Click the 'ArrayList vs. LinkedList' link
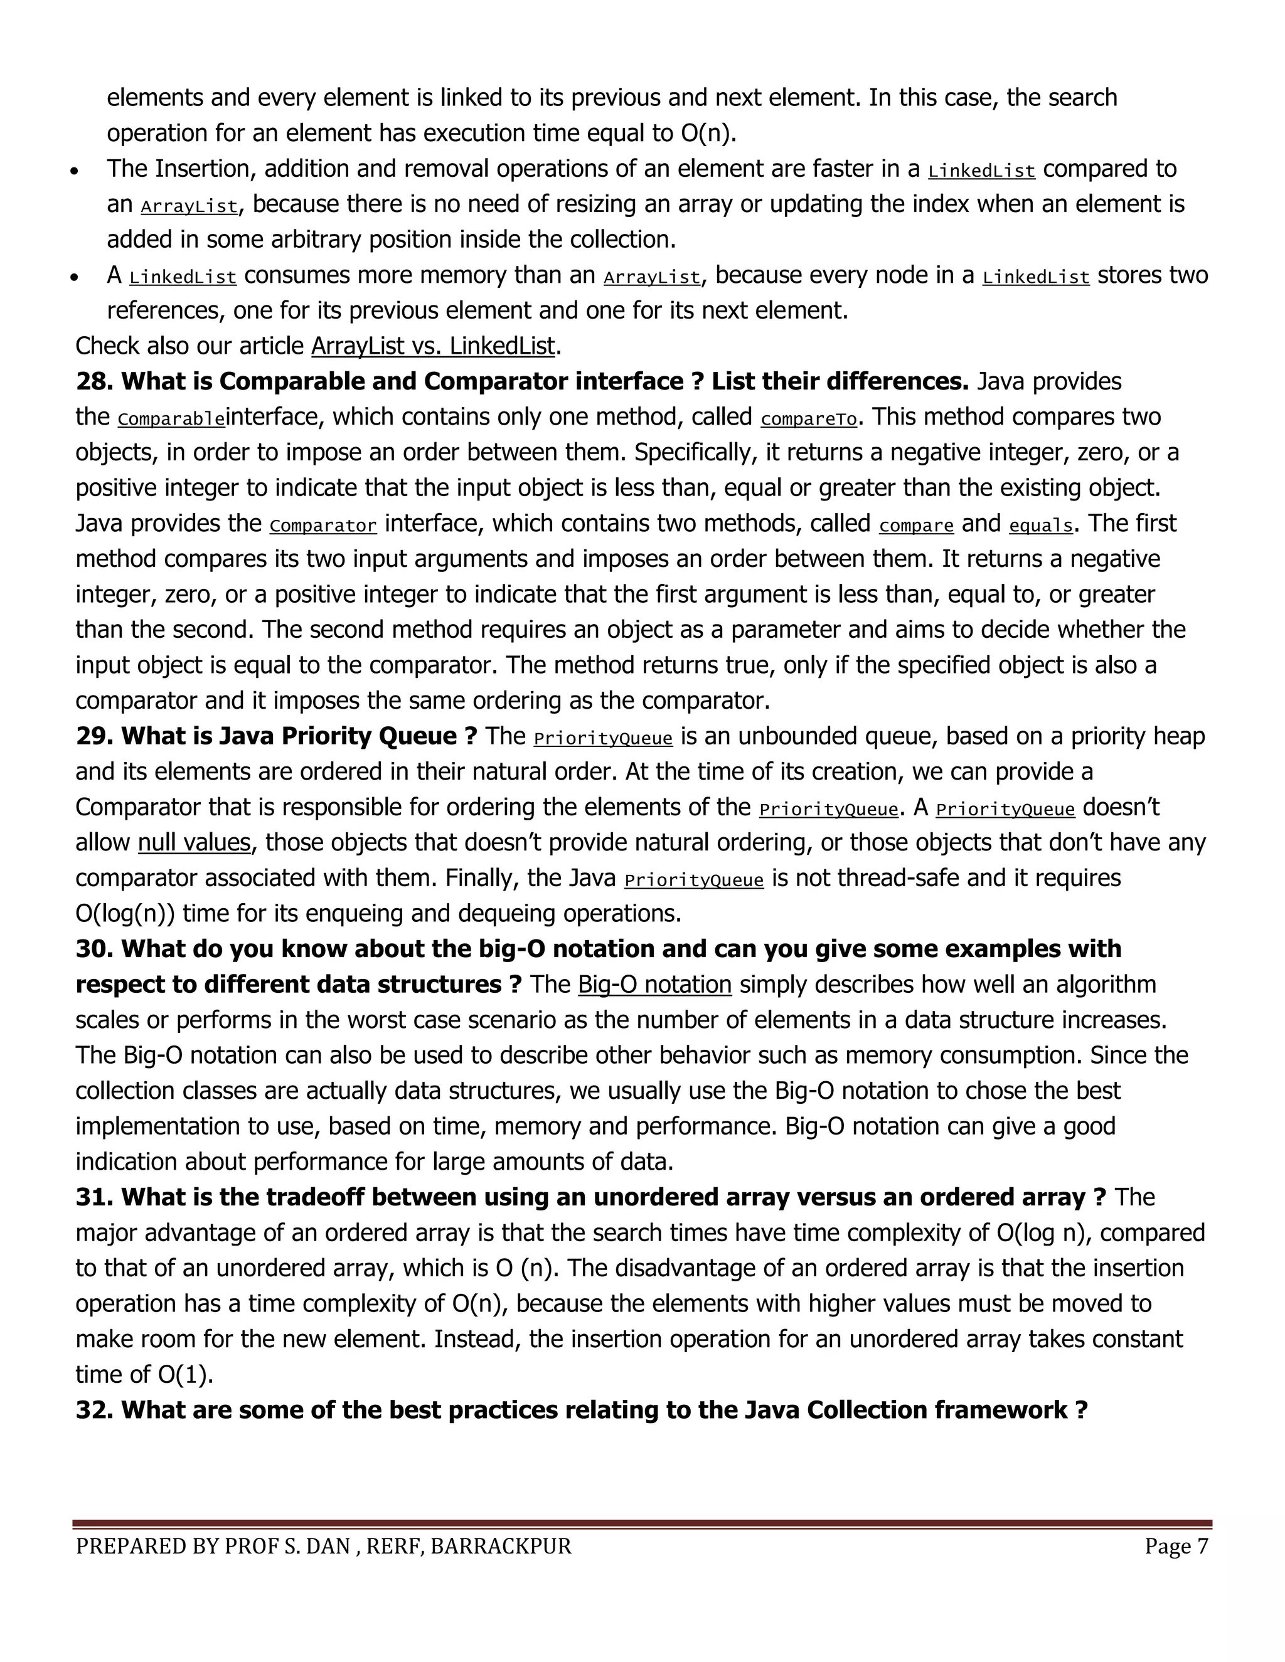(x=432, y=346)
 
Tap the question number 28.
(x=93, y=381)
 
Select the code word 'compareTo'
(x=808, y=418)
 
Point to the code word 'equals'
(x=1041, y=525)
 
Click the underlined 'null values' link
(x=194, y=842)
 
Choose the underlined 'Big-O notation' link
(x=654, y=985)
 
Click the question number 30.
(x=93, y=949)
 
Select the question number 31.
(x=93, y=1197)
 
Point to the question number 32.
(x=93, y=1410)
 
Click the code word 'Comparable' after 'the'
(x=171, y=418)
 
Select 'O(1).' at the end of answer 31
(x=186, y=1374)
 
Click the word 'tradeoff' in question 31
(x=314, y=1197)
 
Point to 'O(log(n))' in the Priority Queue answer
(x=125, y=913)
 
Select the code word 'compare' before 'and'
(x=916, y=525)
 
